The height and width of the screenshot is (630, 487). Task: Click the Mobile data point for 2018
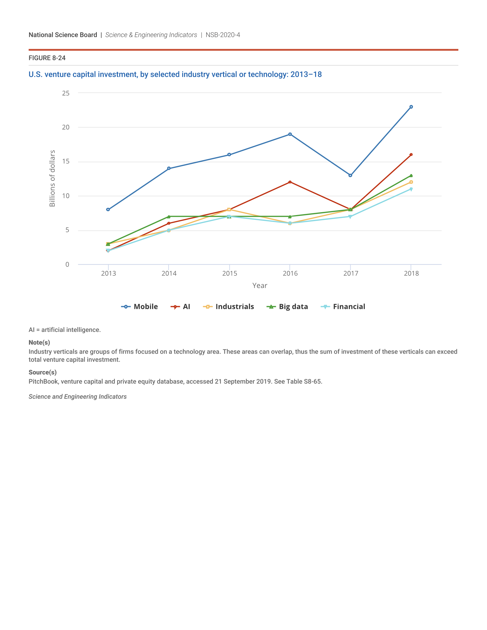(411, 107)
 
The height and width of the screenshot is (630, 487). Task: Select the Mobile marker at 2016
(290, 134)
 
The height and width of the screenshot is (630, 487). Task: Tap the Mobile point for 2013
(108, 209)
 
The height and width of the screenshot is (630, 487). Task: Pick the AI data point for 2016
(290, 182)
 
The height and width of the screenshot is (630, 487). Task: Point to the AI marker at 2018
(411, 155)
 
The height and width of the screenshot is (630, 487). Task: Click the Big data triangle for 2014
(169, 216)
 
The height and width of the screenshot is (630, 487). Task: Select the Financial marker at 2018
(411, 189)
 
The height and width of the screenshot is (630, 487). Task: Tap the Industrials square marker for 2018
(411, 182)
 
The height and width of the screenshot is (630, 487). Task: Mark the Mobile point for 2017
(350, 175)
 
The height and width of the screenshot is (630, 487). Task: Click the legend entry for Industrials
(229, 307)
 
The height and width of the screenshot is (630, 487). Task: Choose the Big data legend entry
(287, 307)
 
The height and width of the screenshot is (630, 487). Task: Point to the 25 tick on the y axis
(66, 93)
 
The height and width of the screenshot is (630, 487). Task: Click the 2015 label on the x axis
(229, 273)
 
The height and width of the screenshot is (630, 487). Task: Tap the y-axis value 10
(66, 196)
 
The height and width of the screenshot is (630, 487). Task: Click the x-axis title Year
(260, 286)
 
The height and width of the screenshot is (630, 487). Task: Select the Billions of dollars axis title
(52, 178)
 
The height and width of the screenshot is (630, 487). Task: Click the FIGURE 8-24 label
(47, 58)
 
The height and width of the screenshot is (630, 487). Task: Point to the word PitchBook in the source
(43, 382)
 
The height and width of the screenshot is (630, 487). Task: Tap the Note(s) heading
(39, 342)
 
